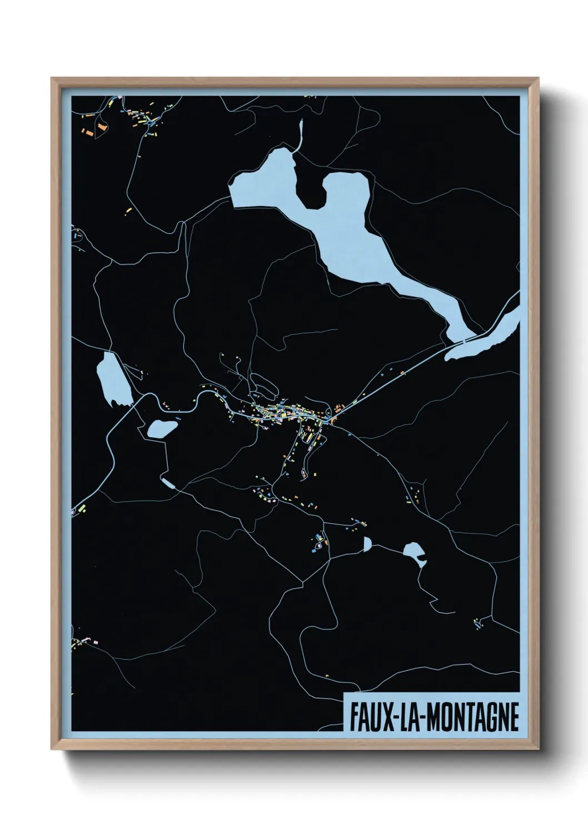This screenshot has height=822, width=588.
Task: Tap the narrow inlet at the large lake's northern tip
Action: coord(301,133)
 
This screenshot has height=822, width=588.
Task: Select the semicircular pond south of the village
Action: coord(367,544)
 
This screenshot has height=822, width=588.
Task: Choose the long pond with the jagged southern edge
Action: coord(113,380)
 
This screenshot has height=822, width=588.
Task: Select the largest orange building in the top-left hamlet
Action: coord(102,127)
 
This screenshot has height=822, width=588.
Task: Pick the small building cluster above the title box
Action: coord(478,624)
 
